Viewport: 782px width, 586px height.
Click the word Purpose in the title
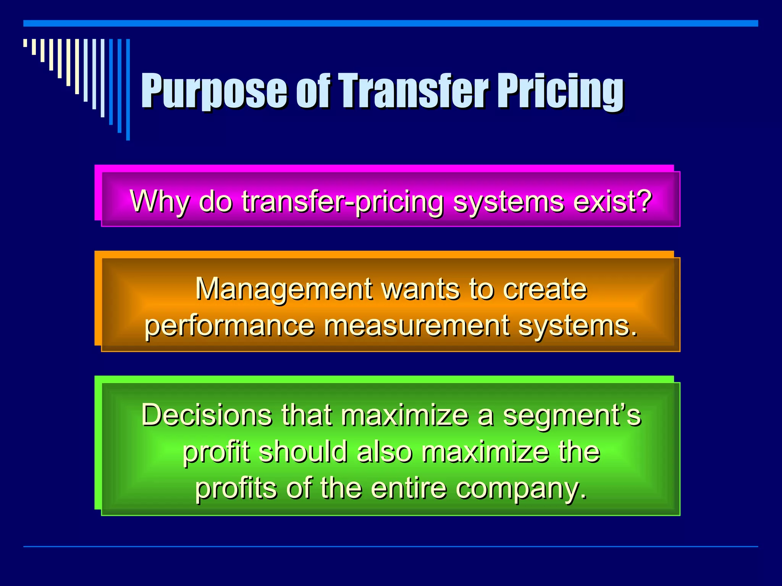click(214, 92)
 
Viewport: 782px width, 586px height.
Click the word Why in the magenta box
click(159, 201)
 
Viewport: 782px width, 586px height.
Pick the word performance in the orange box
click(229, 325)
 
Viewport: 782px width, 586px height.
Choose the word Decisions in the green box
click(207, 415)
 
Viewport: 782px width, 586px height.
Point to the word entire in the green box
click(408, 488)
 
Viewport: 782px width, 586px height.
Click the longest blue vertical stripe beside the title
click(128, 90)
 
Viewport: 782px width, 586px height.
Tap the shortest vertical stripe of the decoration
click(25, 43)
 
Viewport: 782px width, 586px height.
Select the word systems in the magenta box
click(507, 201)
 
